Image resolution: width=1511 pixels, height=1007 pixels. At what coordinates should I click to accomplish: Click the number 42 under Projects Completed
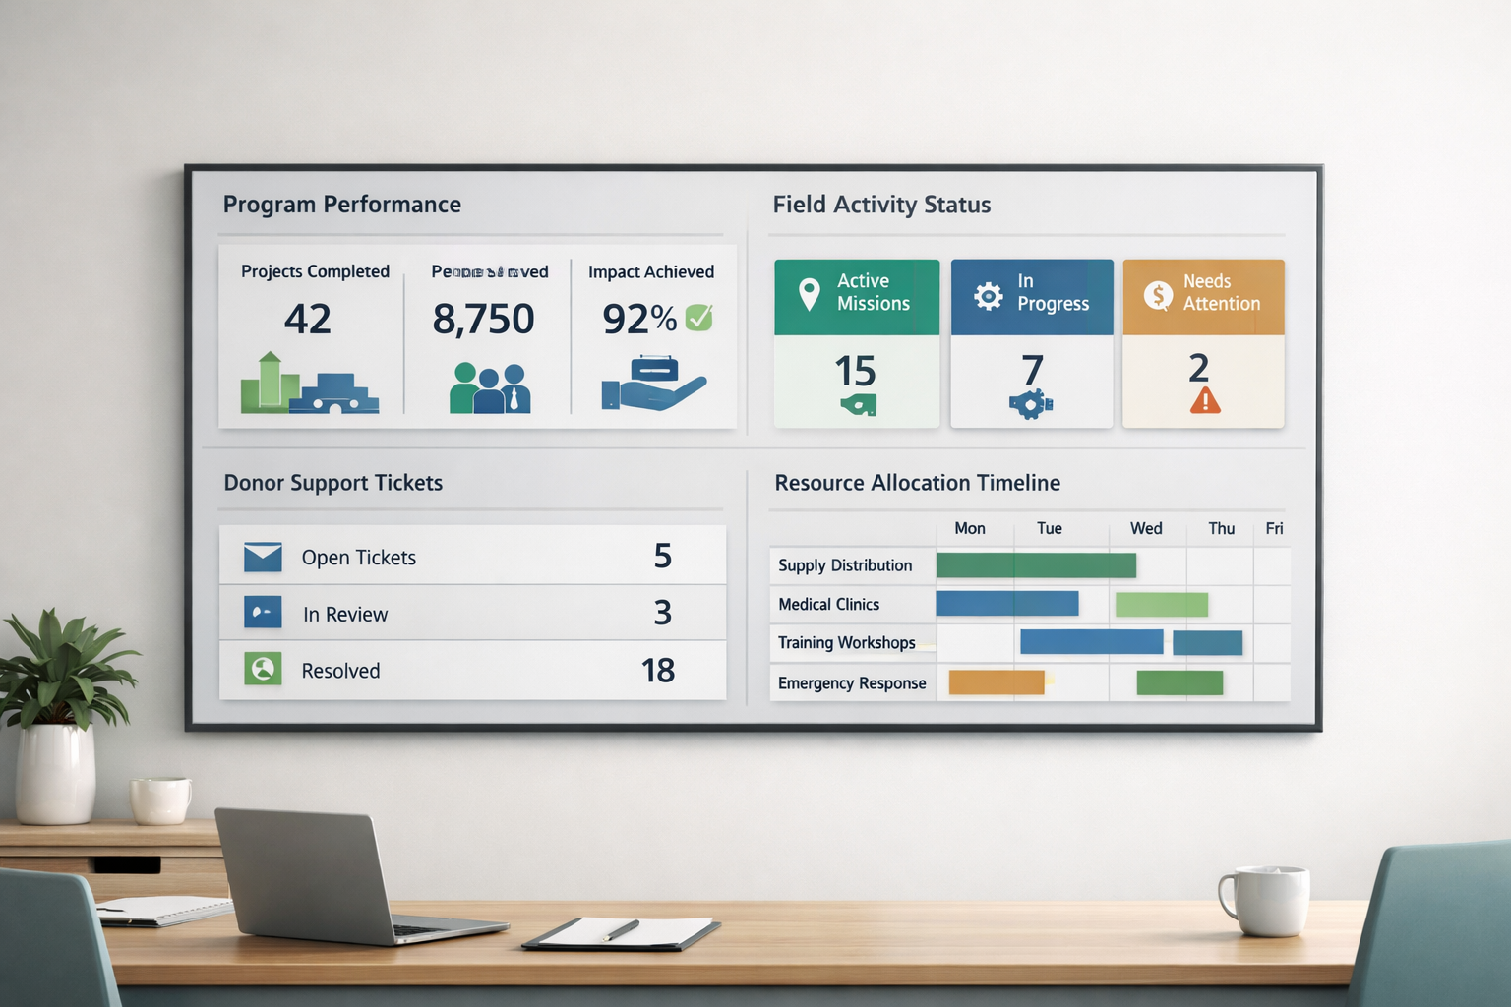click(x=307, y=320)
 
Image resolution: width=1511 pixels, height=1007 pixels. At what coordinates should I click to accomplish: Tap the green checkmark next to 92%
click(x=698, y=318)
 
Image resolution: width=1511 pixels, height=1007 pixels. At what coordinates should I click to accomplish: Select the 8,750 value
click(x=483, y=320)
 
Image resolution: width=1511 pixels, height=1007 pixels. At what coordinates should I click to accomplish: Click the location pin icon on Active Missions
click(x=809, y=294)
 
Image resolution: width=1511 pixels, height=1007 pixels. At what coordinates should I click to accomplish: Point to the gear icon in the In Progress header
click(x=988, y=295)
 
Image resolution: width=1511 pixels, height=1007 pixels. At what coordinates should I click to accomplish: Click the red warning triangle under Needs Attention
click(x=1205, y=401)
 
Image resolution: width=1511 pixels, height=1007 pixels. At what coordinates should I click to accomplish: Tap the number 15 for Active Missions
click(x=855, y=372)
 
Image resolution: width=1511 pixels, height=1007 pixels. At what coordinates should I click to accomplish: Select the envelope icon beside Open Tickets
click(x=263, y=557)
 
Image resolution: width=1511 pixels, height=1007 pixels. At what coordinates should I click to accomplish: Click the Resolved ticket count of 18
click(x=658, y=671)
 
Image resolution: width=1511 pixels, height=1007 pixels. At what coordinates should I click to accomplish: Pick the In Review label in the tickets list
click(x=345, y=615)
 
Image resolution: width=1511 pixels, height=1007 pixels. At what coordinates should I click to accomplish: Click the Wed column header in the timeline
click(x=1146, y=529)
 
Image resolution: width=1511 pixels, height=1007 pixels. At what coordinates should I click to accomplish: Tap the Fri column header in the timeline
click(x=1274, y=529)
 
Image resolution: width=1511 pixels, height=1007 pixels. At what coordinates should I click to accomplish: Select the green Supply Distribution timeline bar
click(x=1036, y=565)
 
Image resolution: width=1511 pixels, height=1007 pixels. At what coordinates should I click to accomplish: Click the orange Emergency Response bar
click(x=996, y=682)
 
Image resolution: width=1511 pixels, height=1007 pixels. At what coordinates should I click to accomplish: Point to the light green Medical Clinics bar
click(x=1162, y=605)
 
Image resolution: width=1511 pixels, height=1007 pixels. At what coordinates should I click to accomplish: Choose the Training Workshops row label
click(x=846, y=643)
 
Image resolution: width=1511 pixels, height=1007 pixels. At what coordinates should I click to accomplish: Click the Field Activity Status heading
click(x=881, y=205)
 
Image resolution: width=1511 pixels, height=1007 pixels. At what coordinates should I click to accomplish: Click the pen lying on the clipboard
click(x=621, y=930)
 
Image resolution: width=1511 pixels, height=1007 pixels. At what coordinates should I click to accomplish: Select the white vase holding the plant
click(x=55, y=773)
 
